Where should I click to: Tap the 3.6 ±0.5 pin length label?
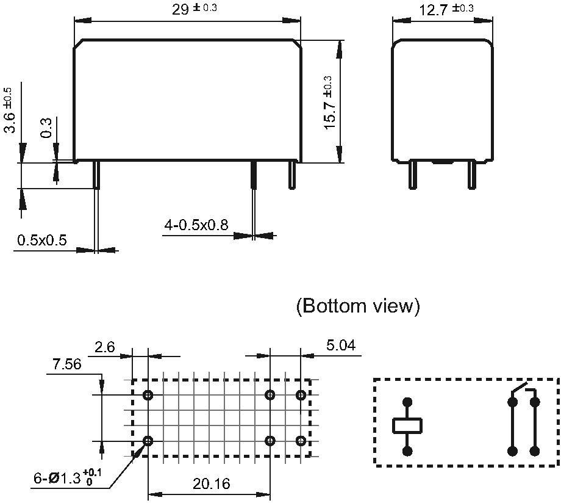[x=10, y=110]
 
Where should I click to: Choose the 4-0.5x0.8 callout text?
[x=196, y=225]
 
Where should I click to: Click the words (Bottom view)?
[x=358, y=306]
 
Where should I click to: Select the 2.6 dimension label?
[x=104, y=347]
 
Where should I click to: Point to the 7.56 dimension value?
[x=66, y=364]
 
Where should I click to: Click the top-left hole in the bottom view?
[x=148, y=395]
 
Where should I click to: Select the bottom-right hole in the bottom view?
[x=301, y=441]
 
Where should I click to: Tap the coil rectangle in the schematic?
[x=407, y=425]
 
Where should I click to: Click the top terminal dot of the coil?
[x=407, y=402]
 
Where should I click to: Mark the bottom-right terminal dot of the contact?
[x=535, y=451]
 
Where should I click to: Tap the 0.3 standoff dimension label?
[x=46, y=126]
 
